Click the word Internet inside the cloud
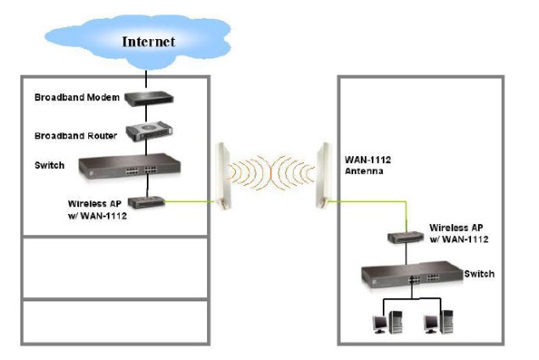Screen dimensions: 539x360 149,42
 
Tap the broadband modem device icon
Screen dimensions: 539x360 149,98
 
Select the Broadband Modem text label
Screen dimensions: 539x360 77,98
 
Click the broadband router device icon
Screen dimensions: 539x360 149,131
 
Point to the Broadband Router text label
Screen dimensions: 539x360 76,136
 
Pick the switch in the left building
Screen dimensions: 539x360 130,166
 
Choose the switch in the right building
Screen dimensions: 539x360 412,274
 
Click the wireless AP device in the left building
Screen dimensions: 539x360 147,202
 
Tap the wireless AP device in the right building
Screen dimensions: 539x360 406,237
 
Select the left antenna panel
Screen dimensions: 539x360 222,176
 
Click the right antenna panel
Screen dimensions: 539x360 323,176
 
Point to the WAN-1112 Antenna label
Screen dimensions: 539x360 368,166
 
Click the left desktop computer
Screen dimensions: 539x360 388,322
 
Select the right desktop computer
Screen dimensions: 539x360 439,322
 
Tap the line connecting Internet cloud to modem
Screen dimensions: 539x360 146,79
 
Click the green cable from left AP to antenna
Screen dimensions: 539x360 190,201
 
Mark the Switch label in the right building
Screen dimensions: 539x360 480,274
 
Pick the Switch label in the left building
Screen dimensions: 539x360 49,166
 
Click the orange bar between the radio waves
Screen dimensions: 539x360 271,172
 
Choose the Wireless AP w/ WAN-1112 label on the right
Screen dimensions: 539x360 459,233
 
